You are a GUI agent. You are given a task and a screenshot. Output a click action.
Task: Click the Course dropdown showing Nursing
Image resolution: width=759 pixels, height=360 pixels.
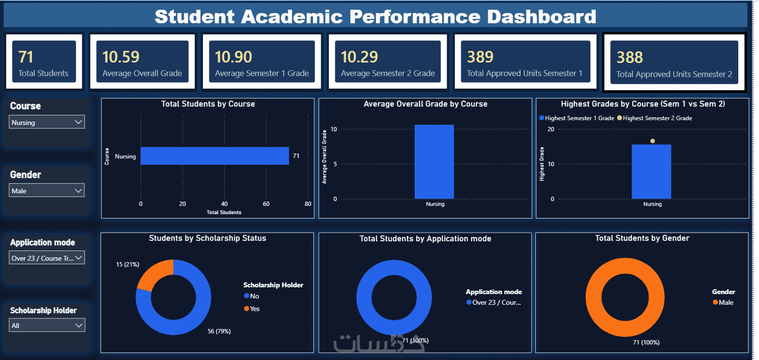(47, 122)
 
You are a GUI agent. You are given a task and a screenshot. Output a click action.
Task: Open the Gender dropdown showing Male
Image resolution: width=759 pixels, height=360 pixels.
(47, 190)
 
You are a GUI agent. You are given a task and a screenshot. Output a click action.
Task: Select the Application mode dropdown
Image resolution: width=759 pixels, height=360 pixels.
(47, 258)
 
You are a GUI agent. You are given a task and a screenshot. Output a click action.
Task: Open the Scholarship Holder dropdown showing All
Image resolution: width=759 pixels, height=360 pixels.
(47, 326)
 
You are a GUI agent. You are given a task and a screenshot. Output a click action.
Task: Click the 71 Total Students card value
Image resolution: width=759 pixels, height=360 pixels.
(26, 57)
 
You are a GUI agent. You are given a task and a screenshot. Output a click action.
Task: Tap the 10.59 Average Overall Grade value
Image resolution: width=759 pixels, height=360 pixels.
(121, 57)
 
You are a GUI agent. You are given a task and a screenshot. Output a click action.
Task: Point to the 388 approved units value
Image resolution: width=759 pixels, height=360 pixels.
(630, 57)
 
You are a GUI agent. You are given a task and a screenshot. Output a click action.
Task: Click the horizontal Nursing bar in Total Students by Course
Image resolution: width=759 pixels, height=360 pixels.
(215, 156)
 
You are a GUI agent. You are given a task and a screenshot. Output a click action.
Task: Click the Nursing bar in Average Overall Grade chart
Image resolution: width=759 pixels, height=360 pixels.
(434, 162)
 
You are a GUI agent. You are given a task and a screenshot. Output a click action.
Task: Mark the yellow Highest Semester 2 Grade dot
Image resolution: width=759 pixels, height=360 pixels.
(652, 141)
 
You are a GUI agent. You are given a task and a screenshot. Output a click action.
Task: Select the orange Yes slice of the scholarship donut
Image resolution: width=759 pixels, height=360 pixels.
(154, 274)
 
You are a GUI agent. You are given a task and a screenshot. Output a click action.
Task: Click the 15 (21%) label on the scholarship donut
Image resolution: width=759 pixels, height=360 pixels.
(127, 265)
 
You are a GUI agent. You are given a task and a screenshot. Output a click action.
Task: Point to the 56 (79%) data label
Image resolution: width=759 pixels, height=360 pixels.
(219, 331)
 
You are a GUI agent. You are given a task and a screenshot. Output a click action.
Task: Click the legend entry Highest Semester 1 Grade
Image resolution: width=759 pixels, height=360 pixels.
(577, 118)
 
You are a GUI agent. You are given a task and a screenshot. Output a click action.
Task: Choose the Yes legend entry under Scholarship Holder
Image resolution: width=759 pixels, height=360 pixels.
(252, 309)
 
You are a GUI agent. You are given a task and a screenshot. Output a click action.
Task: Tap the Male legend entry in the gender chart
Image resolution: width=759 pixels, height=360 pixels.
(723, 302)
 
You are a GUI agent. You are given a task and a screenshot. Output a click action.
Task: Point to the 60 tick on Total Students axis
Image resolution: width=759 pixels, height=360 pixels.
(266, 203)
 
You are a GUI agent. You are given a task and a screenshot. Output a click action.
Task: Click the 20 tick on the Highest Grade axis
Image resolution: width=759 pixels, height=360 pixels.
(551, 129)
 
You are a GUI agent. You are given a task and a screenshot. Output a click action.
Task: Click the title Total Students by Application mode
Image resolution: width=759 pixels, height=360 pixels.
(425, 239)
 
